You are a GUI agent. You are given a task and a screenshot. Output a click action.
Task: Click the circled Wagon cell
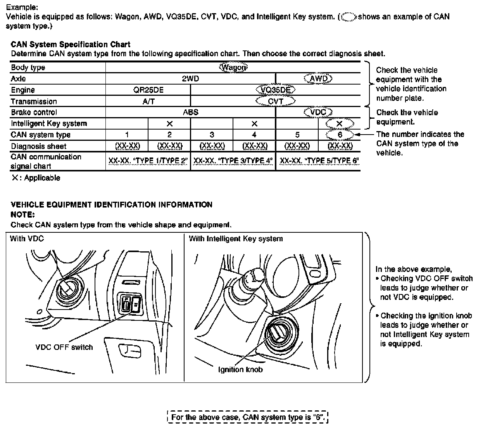233,67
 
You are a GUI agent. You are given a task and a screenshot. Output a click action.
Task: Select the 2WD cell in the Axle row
190,79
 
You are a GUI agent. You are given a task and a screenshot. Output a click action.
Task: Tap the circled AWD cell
319,79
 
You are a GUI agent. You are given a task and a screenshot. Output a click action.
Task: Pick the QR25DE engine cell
148,90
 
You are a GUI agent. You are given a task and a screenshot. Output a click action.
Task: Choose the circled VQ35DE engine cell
276,90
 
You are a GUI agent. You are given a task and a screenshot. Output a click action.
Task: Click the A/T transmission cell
148,101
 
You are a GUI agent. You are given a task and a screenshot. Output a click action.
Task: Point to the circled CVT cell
276,101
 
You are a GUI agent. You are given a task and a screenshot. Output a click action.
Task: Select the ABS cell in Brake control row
190,112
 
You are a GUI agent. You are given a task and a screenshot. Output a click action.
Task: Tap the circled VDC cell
319,112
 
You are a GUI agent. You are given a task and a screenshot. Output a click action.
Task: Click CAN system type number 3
212,135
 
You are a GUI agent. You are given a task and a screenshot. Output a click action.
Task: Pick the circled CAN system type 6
340,135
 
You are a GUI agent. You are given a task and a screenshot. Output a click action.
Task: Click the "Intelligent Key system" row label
49,123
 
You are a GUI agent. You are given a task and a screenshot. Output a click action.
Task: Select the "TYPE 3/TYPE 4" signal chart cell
233,161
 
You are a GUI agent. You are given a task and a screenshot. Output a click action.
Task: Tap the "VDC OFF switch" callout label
64,347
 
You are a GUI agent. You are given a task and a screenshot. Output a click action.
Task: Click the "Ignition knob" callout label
240,370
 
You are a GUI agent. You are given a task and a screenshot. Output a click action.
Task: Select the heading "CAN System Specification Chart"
71,45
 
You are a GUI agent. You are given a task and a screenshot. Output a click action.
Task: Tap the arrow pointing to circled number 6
364,135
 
